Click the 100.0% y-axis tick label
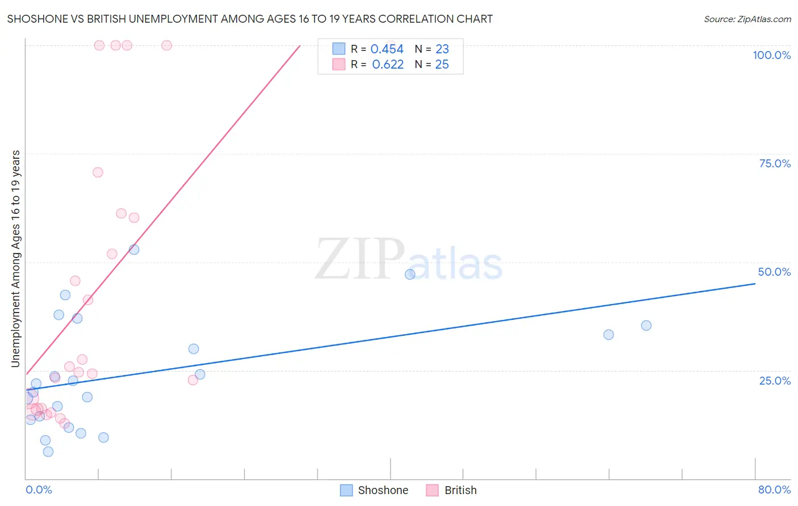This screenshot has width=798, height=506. pos(771,55)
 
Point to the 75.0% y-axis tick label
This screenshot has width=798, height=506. pos(775,163)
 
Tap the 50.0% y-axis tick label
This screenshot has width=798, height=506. pos(774,272)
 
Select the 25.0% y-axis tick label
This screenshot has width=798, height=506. pos(775,381)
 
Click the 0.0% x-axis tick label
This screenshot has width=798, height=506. pos(39,490)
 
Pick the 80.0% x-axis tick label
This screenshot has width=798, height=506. pos(774,490)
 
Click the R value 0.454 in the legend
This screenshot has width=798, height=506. pos(387,49)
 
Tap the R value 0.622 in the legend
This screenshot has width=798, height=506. pos(388,65)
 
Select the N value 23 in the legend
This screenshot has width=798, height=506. pos(442,49)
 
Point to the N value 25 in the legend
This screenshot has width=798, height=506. pos(442,65)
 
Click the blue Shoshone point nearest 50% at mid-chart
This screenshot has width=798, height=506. pos(410,275)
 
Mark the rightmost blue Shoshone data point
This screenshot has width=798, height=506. pos(646,326)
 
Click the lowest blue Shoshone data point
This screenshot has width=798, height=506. pos(48,452)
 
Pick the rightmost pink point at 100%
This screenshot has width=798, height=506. pos(167,45)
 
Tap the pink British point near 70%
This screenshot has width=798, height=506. pos(98,172)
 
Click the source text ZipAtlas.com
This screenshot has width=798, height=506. pos(747,19)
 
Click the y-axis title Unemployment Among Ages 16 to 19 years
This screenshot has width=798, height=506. pos(16,259)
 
